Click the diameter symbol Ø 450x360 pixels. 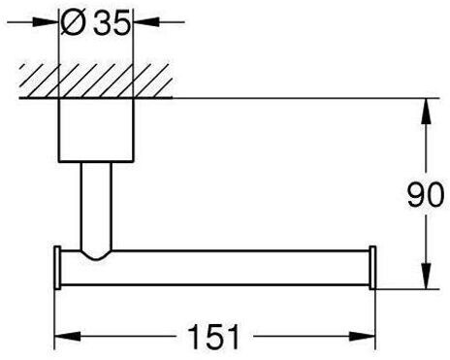(x=75, y=21)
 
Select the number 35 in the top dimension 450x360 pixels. (x=109, y=21)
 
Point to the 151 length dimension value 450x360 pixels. (x=214, y=338)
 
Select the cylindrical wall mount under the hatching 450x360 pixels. (x=94, y=130)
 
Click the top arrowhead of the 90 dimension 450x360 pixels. (x=425, y=109)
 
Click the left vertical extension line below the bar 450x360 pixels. (x=53, y=311)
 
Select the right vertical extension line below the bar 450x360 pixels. (x=377, y=311)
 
